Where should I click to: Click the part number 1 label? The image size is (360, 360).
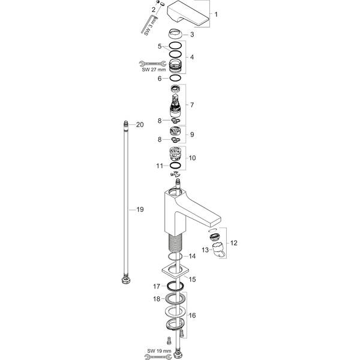pos(217,13)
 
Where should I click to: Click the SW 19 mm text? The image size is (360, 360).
pos(160,350)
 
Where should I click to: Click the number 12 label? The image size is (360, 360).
pos(234,243)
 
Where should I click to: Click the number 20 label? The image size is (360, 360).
pos(140,125)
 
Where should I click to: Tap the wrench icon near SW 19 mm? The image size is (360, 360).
pos(159,356)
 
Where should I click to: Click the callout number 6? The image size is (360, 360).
pos(160,78)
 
